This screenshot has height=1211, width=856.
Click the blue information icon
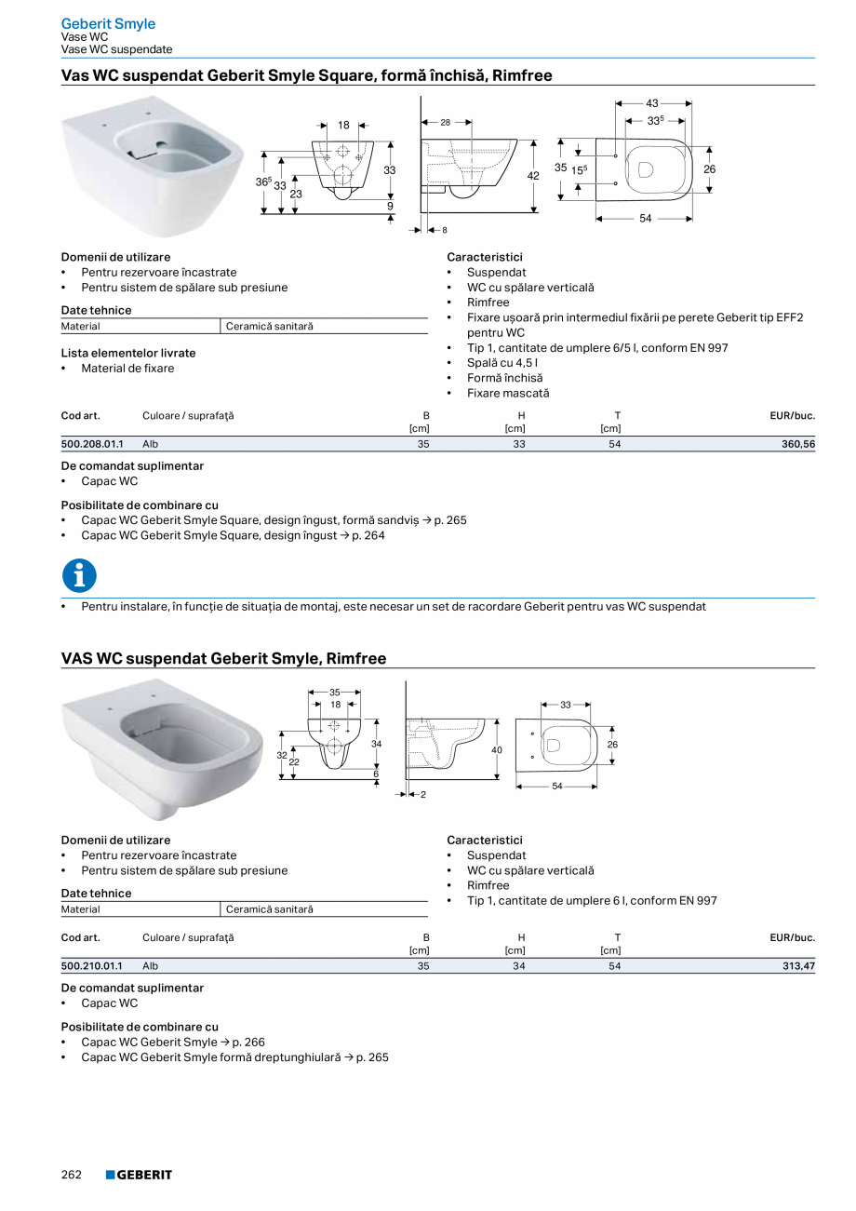click(x=79, y=575)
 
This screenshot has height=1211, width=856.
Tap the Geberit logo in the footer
click(x=139, y=1175)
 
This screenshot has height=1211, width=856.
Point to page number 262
click(x=72, y=1175)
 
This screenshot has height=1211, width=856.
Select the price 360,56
click(x=797, y=445)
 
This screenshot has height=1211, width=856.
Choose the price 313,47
click(x=797, y=967)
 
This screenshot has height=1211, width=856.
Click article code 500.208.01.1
click(x=92, y=445)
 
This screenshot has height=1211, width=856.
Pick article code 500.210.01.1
click(x=92, y=967)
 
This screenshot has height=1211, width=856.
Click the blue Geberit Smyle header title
click(x=108, y=23)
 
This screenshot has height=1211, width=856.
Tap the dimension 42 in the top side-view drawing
click(x=533, y=175)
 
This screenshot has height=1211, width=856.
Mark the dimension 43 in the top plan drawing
click(x=652, y=103)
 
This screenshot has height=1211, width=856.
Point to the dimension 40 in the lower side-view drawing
click(x=497, y=750)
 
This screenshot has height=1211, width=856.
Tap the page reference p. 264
click(x=368, y=535)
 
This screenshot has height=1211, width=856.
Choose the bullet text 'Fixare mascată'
click(x=508, y=394)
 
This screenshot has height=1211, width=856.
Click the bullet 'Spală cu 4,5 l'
click(x=502, y=363)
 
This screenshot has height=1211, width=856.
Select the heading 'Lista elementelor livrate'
click(x=128, y=354)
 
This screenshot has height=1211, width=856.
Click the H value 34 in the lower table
click(x=519, y=967)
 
